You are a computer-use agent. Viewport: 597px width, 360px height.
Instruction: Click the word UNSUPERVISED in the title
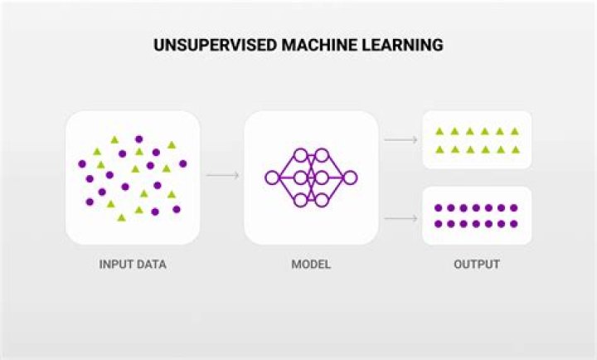(215, 45)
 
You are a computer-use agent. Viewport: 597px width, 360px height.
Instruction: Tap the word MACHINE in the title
(319, 45)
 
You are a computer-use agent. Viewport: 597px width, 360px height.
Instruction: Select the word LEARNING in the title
(402, 45)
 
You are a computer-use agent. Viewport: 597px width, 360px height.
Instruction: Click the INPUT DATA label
(133, 265)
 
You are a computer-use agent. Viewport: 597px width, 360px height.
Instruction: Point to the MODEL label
(311, 265)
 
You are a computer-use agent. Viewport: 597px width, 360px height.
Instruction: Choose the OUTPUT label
(477, 265)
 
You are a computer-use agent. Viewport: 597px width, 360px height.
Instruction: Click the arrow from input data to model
(223, 175)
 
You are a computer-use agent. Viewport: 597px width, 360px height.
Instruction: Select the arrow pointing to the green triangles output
(401, 140)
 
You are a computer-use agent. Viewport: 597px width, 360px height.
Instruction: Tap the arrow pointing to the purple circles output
(401, 218)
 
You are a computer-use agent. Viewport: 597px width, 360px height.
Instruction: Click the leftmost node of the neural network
(272, 178)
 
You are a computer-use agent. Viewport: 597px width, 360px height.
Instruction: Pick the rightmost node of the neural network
(350, 178)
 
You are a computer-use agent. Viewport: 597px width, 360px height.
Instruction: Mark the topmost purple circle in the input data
(139, 139)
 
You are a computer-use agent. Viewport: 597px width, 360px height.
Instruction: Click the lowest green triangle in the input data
(121, 217)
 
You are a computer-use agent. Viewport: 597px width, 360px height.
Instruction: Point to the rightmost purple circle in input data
(183, 163)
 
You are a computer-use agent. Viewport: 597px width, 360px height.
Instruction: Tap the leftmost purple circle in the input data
(82, 163)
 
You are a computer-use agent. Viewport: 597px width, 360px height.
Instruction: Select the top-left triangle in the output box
(439, 131)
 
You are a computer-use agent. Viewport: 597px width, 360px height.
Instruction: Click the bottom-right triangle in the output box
(516, 149)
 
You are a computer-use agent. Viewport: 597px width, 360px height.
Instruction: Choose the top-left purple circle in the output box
(439, 208)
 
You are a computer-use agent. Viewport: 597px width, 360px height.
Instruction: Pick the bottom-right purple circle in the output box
(514, 224)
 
